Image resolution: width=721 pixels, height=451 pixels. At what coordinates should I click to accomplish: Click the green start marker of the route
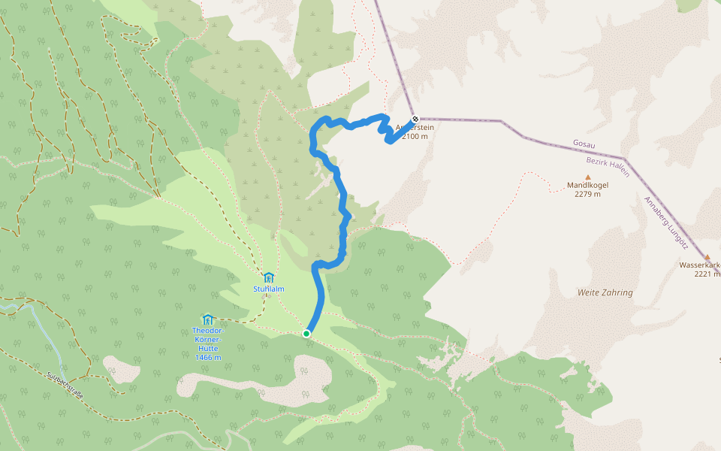pyautogui.click(x=306, y=333)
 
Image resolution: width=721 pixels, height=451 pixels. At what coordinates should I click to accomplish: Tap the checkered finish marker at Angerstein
pyautogui.click(x=415, y=119)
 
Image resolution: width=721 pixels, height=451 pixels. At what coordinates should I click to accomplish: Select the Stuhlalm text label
pyautogui.click(x=268, y=289)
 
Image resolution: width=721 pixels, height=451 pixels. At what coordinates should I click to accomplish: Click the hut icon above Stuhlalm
pyautogui.click(x=268, y=277)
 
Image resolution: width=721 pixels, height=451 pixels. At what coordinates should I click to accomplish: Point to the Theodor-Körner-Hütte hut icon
pyautogui.click(x=207, y=319)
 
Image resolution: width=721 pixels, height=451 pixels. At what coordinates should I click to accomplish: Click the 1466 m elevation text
pyautogui.click(x=207, y=356)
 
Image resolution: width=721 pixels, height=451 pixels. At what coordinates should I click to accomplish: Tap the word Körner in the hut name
pyautogui.click(x=207, y=339)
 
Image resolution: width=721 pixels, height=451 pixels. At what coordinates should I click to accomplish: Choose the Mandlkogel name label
pyautogui.click(x=587, y=185)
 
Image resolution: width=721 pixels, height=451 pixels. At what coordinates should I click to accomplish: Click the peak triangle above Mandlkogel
pyautogui.click(x=588, y=177)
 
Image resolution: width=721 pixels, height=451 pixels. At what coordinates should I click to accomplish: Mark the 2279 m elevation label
pyautogui.click(x=587, y=194)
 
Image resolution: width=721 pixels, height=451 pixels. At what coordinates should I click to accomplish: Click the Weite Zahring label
pyautogui.click(x=605, y=292)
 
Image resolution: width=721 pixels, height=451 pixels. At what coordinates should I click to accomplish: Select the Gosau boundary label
pyautogui.click(x=584, y=143)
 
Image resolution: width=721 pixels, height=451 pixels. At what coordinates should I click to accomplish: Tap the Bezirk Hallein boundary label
pyautogui.click(x=608, y=167)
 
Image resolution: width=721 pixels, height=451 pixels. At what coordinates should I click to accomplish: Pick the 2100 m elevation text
pyautogui.click(x=415, y=136)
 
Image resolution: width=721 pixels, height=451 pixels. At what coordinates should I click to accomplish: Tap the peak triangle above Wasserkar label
pyautogui.click(x=707, y=256)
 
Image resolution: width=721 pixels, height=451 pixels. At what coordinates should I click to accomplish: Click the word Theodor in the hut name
pyautogui.click(x=207, y=331)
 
